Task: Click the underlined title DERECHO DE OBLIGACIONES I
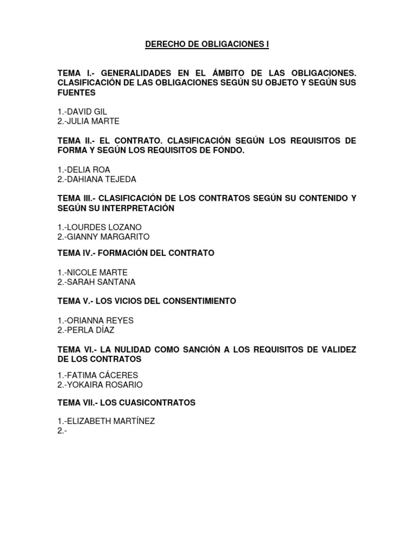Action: coord(207,45)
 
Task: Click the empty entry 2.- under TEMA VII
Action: coord(61,430)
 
